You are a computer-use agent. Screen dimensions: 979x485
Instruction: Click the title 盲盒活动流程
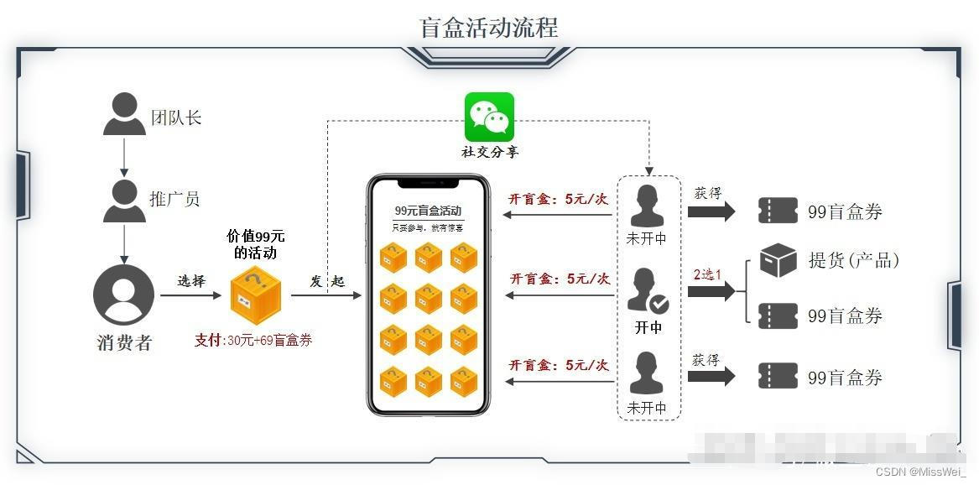[x=488, y=27]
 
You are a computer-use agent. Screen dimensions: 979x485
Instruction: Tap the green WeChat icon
[x=489, y=117]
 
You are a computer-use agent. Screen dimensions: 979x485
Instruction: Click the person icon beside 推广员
[x=124, y=201]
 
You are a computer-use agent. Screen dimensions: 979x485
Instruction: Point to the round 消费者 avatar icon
[x=123, y=295]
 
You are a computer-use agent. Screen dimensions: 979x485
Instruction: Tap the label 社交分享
[x=490, y=152]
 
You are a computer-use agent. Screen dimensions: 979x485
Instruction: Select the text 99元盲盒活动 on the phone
[x=428, y=211]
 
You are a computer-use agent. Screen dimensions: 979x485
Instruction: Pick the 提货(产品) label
[x=853, y=260]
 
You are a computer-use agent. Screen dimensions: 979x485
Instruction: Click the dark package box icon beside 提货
[x=778, y=260]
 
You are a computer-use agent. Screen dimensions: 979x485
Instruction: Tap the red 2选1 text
[x=706, y=274]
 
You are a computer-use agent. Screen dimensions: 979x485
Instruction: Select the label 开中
[x=648, y=327]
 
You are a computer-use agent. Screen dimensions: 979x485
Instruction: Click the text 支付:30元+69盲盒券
[x=253, y=340]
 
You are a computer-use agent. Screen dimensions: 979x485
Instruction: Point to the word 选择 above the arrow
[x=191, y=280]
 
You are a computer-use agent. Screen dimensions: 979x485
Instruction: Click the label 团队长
[x=176, y=117]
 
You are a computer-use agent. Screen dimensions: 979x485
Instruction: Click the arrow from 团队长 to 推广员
[x=124, y=157]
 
